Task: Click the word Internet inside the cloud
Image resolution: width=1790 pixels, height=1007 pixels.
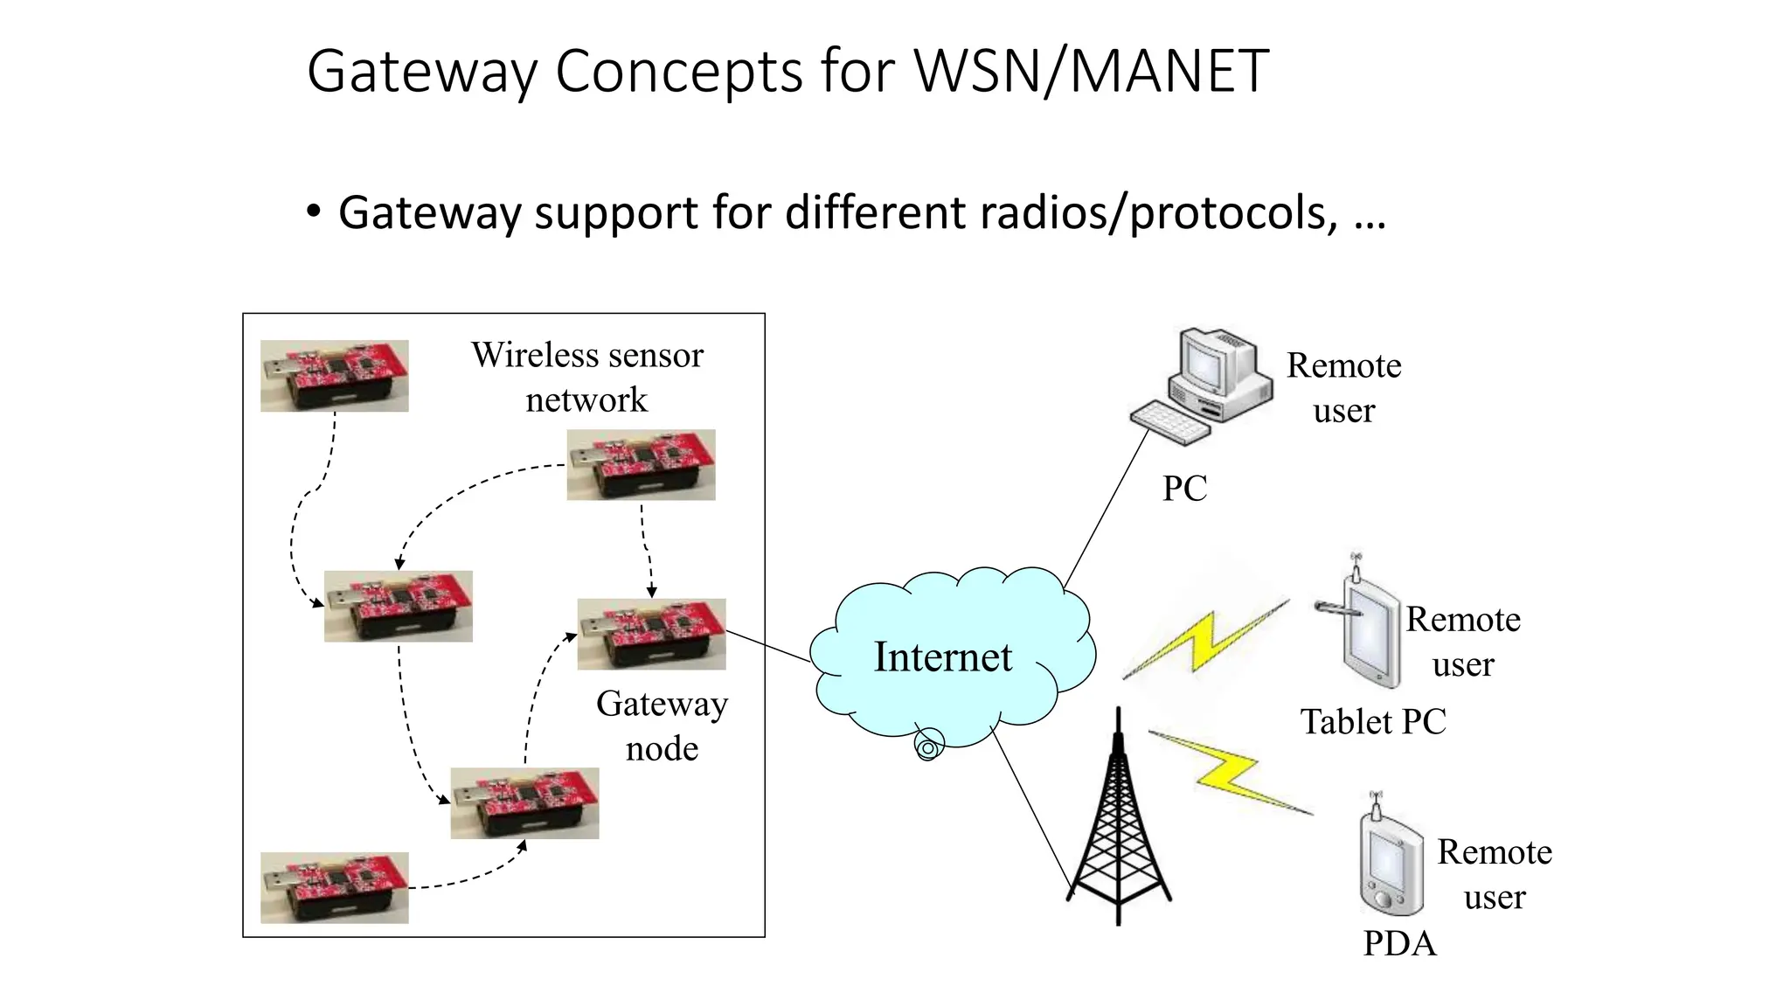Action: (x=942, y=657)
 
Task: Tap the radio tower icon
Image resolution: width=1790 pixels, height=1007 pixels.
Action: (x=1118, y=830)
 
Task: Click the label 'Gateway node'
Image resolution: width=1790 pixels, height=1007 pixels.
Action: (x=662, y=726)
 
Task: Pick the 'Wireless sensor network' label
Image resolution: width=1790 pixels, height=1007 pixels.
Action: (x=586, y=377)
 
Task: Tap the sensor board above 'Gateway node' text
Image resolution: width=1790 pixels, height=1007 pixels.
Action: (x=651, y=634)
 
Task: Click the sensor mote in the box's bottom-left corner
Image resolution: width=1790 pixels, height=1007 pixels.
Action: (x=334, y=887)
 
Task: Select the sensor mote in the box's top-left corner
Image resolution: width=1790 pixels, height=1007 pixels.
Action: (x=334, y=376)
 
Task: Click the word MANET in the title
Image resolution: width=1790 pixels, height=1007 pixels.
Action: (x=1169, y=71)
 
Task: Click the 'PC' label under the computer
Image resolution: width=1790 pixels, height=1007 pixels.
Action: (x=1184, y=489)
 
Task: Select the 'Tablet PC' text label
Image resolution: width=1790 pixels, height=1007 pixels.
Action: (x=1372, y=722)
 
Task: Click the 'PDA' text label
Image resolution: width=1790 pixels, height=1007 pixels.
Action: (x=1398, y=944)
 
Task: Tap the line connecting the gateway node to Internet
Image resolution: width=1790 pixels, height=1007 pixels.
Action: (x=768, y=646)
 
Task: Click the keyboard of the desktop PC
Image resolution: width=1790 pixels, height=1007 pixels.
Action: (x=1169, y=423)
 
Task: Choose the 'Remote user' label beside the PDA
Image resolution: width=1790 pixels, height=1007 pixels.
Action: (x=1494, y=874)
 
